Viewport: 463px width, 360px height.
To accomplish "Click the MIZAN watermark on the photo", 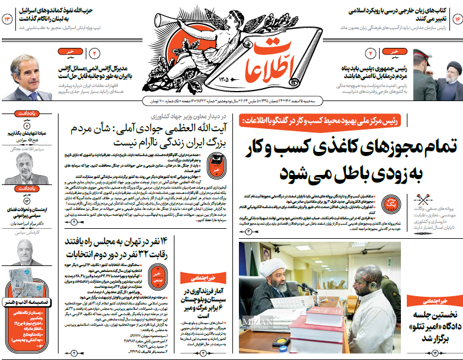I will pos(255,322).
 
